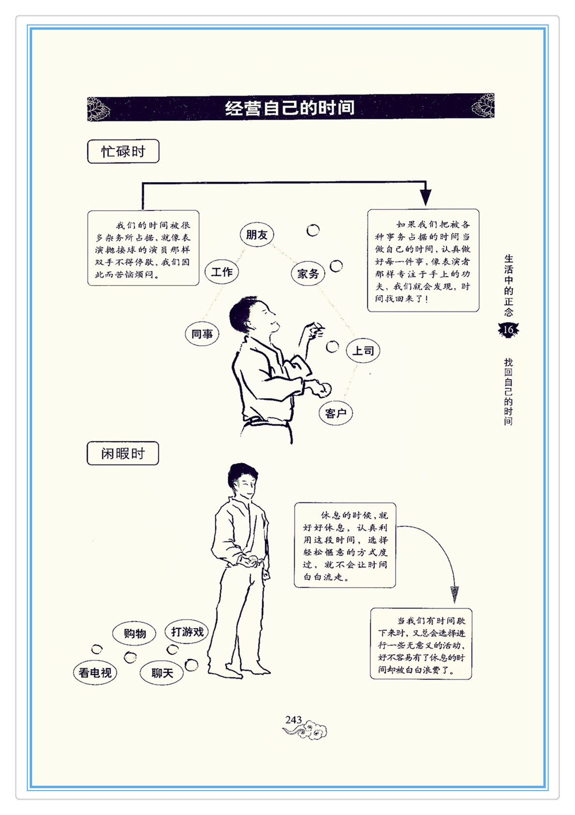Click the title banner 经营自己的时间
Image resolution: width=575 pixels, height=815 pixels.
290,108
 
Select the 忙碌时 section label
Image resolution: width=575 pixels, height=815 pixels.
123,152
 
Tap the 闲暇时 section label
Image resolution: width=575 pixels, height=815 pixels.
123,453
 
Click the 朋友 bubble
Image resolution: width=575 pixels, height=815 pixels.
257,235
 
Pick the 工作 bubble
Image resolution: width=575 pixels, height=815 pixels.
222,272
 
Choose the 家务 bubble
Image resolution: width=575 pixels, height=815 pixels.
308,274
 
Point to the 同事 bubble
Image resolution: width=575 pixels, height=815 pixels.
202,334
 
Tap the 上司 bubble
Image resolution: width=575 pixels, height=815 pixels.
363,351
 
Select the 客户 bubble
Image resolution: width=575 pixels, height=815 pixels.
336,414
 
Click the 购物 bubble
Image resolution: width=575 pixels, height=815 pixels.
134,634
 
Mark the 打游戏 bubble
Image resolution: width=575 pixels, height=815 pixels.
187,632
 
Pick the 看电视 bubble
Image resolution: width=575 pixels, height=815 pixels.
95,673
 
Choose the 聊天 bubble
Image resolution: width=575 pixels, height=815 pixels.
162,673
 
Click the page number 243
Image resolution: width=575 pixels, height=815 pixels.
293,720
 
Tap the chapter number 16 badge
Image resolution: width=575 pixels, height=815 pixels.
508,330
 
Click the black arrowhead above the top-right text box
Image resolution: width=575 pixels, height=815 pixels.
425,198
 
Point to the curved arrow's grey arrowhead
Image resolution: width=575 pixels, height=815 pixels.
454,595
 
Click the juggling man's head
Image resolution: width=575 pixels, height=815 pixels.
251,315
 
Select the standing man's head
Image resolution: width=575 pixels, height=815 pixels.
242,481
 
